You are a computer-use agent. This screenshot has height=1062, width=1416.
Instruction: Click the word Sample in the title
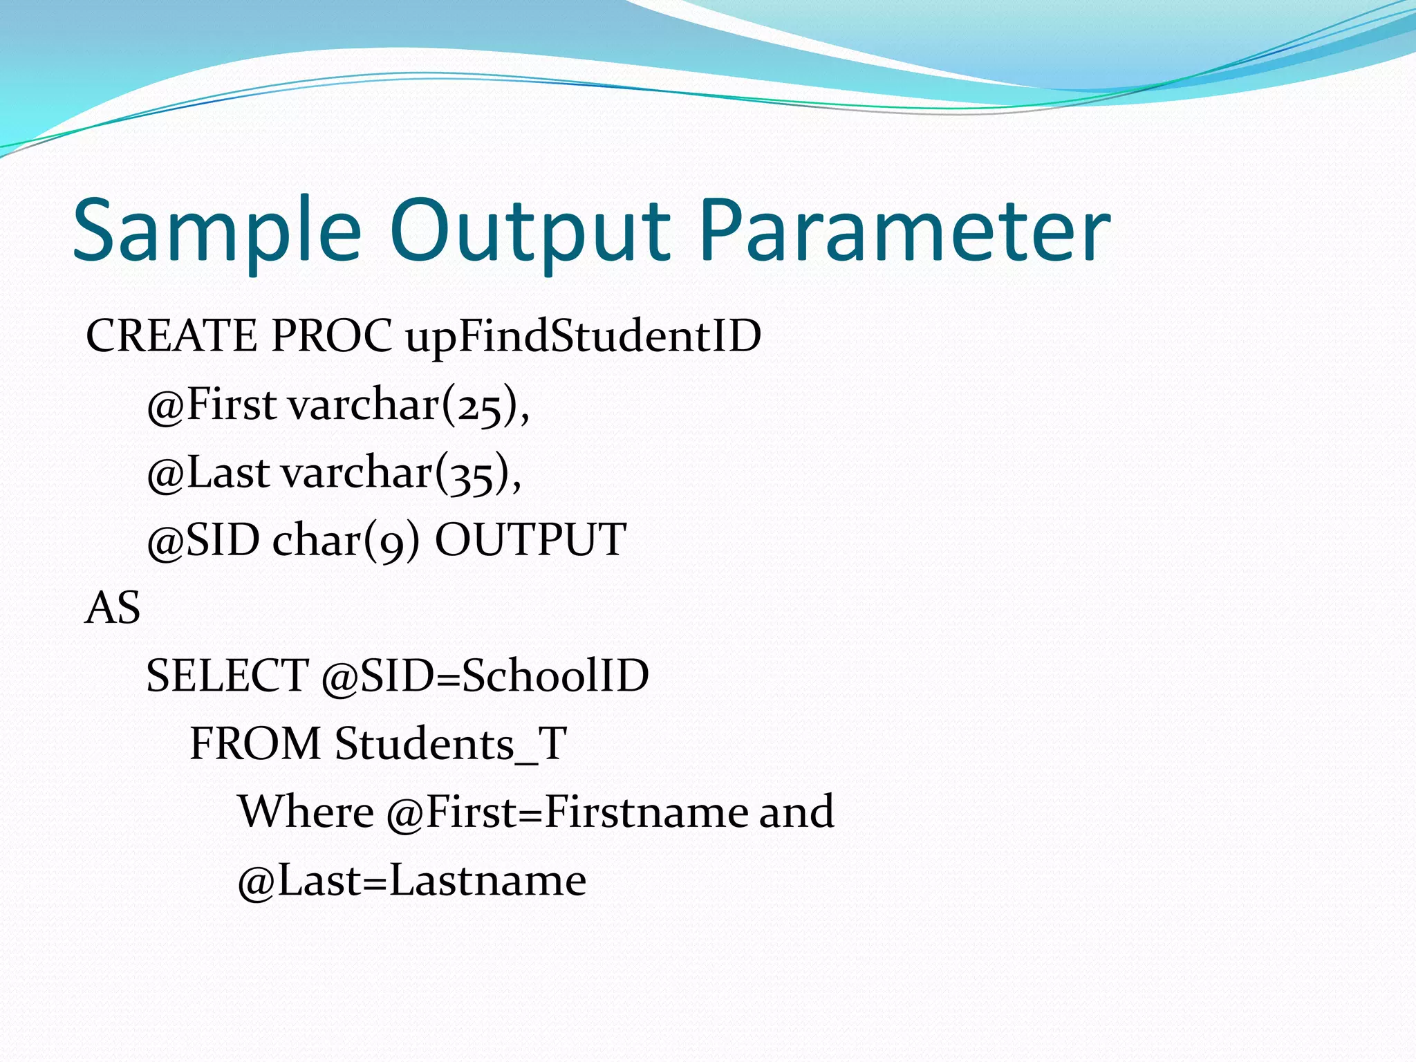(x=216, y=232)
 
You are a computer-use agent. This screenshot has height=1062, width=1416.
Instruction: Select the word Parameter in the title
(x=904, y=232)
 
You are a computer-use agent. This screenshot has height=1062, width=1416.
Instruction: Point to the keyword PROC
(x=331, y=337)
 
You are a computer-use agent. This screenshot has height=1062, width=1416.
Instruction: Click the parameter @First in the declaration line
(x=212, y=404)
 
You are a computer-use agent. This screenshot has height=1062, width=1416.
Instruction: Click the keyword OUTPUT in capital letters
(x=530, y=539)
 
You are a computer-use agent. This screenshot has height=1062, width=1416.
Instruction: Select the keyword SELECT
(x=227, y=676)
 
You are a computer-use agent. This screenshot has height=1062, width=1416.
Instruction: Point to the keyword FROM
(x=255, y=744)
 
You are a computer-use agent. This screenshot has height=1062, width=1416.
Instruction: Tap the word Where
(x=306, y=812)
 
